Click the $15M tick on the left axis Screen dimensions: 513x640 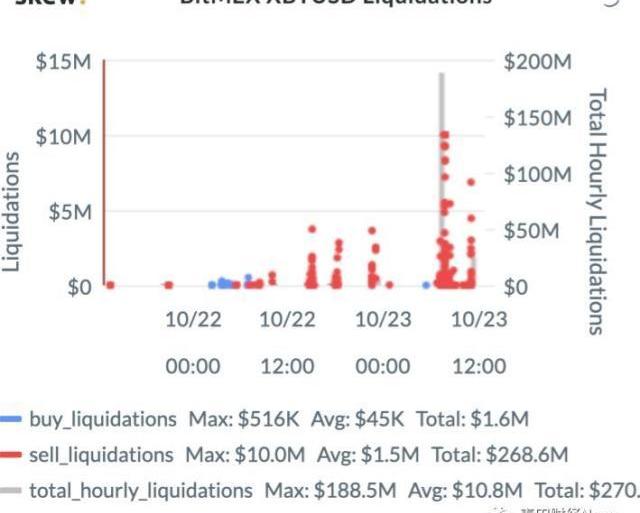64,62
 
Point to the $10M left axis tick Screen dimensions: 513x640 64,137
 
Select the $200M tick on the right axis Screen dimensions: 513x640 537,62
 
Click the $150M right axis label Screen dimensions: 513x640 537,119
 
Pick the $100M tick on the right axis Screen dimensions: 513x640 537,175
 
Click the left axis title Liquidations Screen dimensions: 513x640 13,212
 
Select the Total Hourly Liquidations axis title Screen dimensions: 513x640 596,210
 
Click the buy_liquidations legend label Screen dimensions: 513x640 103,419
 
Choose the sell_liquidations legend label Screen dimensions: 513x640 102,455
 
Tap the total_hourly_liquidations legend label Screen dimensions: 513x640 141,491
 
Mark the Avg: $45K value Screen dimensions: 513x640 343,419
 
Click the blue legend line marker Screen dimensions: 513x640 12,419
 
